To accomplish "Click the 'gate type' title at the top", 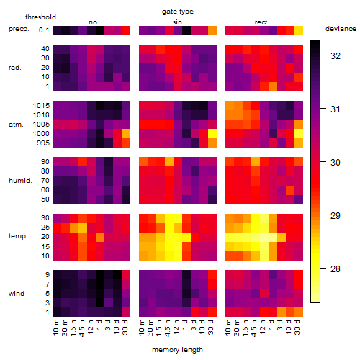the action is tap(178, 12).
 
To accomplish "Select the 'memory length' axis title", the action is tap(177, 350).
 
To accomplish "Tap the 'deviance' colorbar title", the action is tap(341, 29).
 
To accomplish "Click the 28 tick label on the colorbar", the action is tap(336, 269).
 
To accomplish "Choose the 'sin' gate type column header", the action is tap(177, 22).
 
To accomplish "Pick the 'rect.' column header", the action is tap(262, 22).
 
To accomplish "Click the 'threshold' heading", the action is tap(40, 17).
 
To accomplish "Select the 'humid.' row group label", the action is tap(20, 181).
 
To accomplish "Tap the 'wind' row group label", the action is tap(17, 294).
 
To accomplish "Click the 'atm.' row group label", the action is tap(16, 125).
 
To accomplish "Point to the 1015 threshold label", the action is tap(41, 106).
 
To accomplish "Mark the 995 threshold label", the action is tap(43, 143).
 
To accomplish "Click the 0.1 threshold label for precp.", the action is tap(44, 30).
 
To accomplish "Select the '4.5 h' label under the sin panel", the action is tap(168, 328).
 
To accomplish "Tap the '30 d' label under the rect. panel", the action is tap(297, 327).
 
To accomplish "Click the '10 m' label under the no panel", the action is tap(55, 328).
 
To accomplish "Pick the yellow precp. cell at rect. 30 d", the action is tap(299, 31).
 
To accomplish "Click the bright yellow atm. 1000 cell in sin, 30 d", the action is tap(212, 134).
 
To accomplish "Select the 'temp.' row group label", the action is tap(18, 236).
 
